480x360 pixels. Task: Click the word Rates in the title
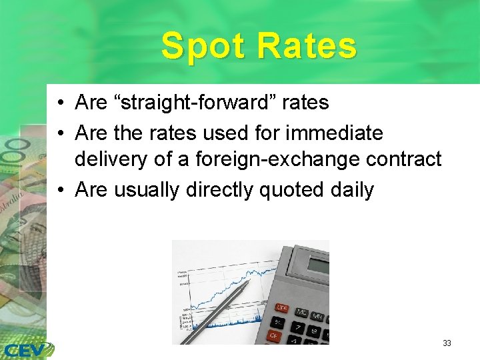click(307, 47)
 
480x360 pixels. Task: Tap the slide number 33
click(447, 343)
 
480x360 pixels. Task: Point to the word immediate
click(334, 133)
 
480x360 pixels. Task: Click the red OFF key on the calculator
click(281, 307)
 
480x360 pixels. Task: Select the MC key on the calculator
click(301, 312)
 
